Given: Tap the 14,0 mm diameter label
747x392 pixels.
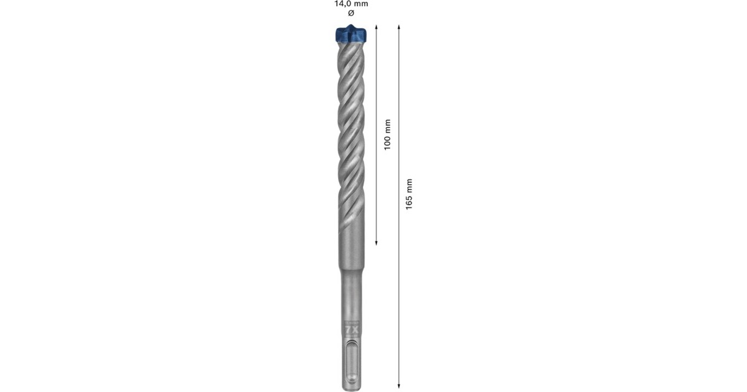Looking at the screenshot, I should coord(351,4).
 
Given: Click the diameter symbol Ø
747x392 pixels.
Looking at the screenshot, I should coord(350,13).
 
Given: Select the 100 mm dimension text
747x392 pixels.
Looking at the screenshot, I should coord(387,134).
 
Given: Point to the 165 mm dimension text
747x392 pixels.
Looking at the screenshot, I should coord(409,194).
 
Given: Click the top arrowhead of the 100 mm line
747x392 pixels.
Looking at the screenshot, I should coord(377,27).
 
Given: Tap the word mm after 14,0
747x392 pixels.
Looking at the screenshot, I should coord(362,4).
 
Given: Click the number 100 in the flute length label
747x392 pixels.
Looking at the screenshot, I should coord(387,141).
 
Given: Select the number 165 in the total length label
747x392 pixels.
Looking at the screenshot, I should coord(409,201).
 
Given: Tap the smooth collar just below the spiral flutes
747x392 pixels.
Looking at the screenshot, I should coord(351,249).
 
